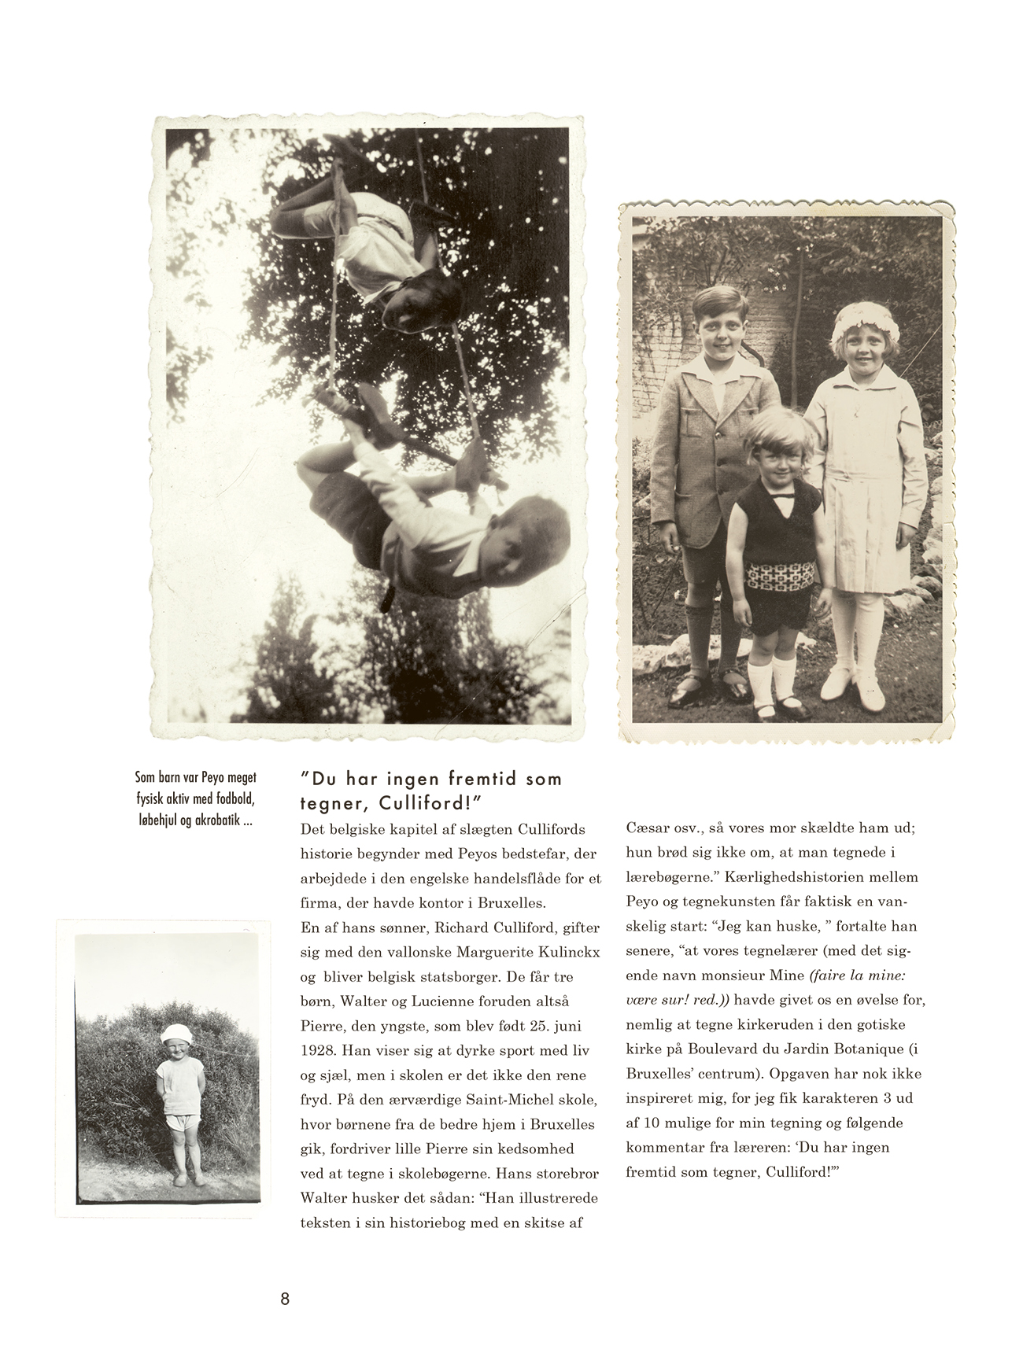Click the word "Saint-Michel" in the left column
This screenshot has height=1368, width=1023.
478,1099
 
